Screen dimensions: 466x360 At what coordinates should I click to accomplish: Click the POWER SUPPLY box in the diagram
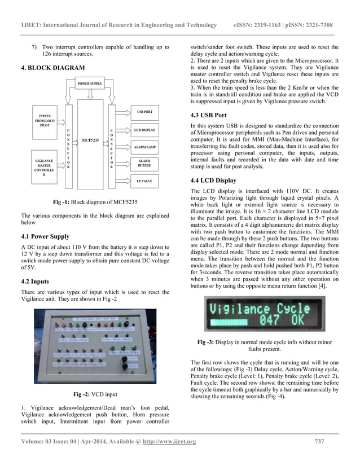pyautogui.click(x=90, y=83)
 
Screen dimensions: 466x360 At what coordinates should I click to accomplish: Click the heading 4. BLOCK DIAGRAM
pyautogui.click(x=54, y=68)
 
